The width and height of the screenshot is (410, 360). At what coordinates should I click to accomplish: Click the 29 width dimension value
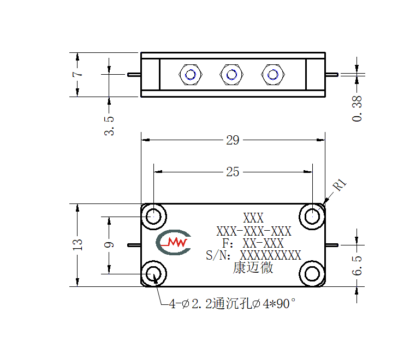click(233, 140)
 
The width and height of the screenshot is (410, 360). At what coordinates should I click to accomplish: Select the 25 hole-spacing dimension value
click(233, 172)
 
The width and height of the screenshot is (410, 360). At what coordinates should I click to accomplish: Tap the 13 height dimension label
click(78, 245)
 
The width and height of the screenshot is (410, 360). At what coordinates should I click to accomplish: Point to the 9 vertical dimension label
click(109, 245)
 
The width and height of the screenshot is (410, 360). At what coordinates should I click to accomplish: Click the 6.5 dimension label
click(357, 266)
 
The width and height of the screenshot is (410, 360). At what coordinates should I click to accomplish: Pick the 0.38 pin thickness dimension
click(357, 109)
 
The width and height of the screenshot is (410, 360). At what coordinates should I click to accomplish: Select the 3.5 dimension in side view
click(109, 126)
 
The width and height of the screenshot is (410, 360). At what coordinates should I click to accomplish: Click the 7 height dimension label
click(78, 74)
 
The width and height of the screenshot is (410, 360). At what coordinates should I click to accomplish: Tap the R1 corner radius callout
click(340, 185)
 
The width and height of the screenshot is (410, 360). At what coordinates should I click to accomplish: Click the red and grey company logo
click(174, 242)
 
